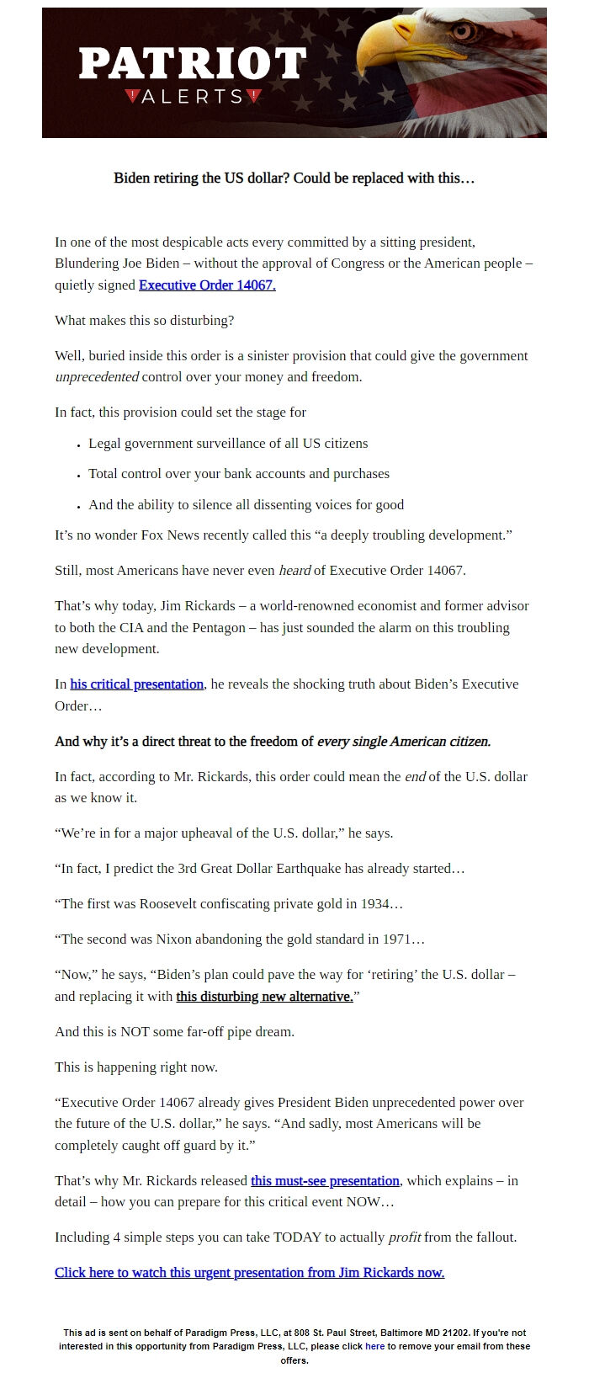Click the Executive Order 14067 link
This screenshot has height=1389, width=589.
click(x=207, y=285)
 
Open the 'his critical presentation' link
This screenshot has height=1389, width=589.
click(x=136, y=684)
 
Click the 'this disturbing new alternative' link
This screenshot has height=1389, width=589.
click(x=264, y=997)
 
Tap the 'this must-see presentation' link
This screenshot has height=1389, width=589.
click(x=325, y=1181)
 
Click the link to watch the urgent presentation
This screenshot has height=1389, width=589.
click(x=249, y=1273)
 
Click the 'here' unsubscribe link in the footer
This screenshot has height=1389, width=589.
click(x=374, y=1346)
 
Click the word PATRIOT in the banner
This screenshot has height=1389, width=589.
click(x=192, y=64)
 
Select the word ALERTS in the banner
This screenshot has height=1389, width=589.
click(x=193, y=97)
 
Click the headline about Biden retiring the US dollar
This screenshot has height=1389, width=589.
click(x=294, y=178)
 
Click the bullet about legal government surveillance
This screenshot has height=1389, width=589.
click(x=228, y=444)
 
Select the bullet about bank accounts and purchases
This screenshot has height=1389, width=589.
click(x=239, y=474)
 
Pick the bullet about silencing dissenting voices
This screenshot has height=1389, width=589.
click(x=246, y=505)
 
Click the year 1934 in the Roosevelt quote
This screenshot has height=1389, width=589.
click(x=374, y=904)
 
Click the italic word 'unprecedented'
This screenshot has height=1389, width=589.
click(x=97, y=377)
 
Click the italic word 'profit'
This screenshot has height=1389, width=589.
click(x=405, y=1237)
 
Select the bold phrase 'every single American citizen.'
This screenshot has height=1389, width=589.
click(x=403, y=742)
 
